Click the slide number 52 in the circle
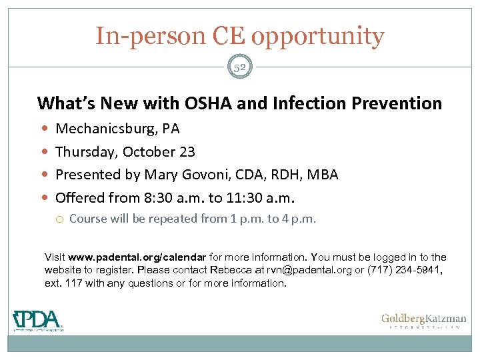coord(240,67)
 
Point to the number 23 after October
coord(187,151)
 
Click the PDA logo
coord(37,320)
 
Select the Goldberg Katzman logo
coord(423,321)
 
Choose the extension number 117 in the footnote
coord(72,283)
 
